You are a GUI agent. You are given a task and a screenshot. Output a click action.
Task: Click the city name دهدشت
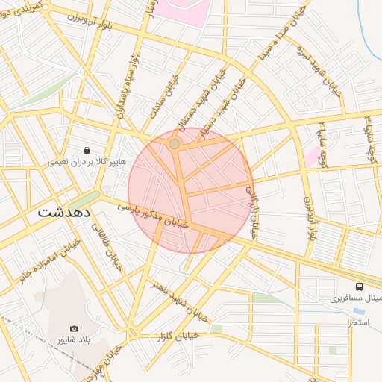pyautogui.click(x=63, y=212)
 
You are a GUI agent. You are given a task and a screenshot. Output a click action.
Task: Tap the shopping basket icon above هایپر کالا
pyautogui.click(x=87, y=150)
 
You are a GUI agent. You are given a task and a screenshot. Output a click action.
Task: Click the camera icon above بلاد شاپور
pyautogui.click(x=74, y=329)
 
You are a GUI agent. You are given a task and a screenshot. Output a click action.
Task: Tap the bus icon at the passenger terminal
pyautogui.click(x=360, y=286)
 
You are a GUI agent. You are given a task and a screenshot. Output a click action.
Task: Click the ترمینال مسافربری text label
pyautogui.click(x=357, y=298)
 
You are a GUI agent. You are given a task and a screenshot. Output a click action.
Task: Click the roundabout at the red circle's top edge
pyautogui.click(x=174, y=143)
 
